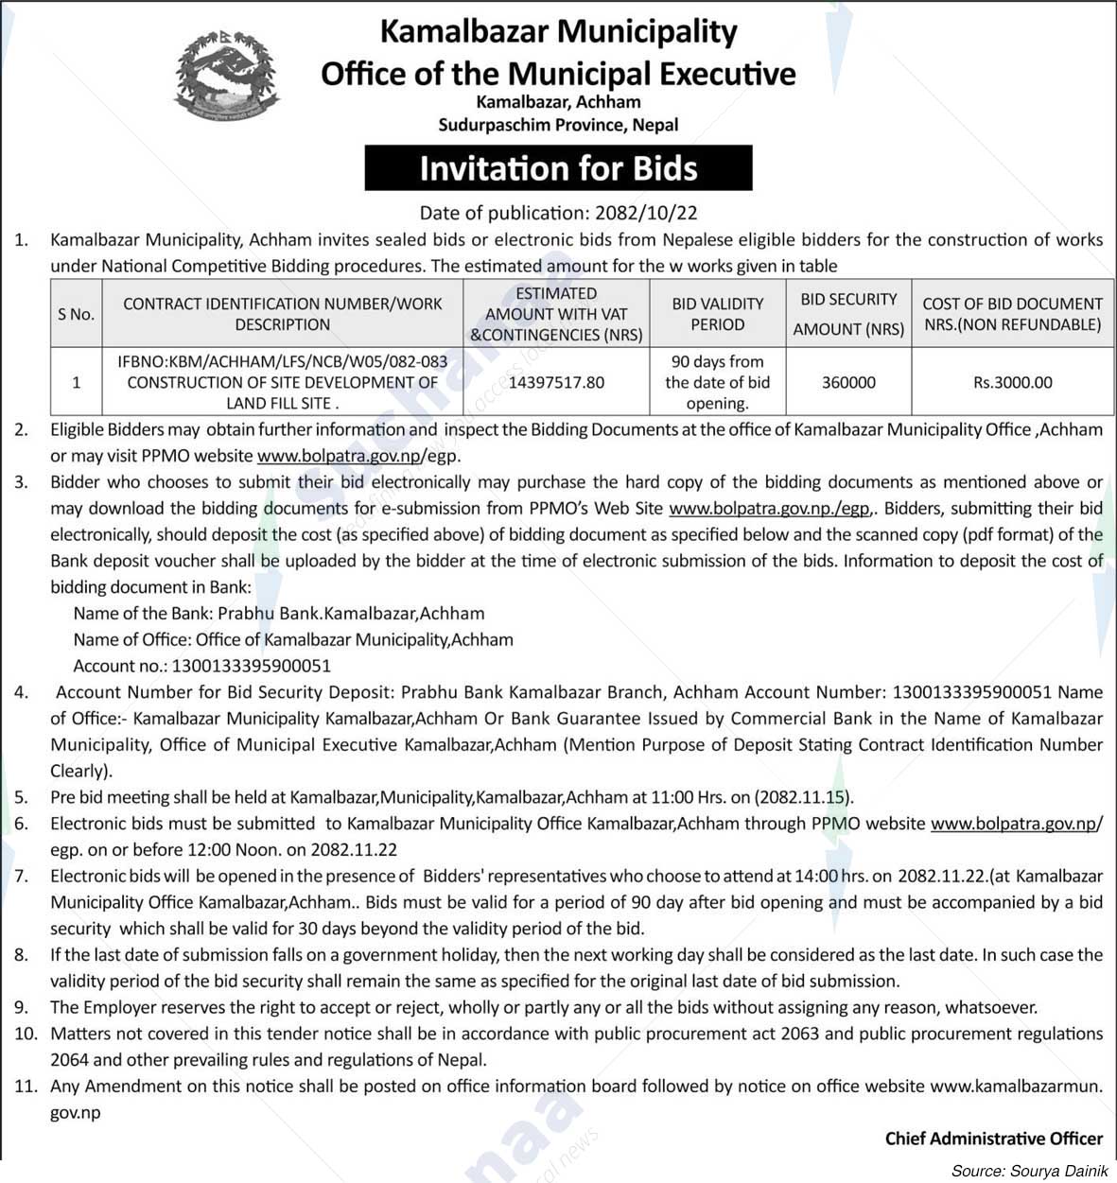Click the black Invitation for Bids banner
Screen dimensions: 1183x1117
click(x=558, y=168)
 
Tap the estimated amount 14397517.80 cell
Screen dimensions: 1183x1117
click(x=556, y=382)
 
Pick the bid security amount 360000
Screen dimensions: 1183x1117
click(x=848, y=382)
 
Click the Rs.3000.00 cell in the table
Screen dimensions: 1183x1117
click(x=1012, y=382)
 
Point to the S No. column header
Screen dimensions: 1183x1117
click(x=76, y=314)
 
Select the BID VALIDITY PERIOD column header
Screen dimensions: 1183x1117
click(x=717, y=314)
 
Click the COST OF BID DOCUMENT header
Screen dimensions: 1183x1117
click(x=1012, y=314)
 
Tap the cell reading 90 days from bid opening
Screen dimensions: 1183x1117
click(x=717, y=382)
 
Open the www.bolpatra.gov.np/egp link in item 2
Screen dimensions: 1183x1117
click(x=358, y=456)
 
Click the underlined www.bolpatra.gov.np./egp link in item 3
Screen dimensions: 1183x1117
click(x=769, y=508)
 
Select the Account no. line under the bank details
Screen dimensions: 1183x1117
click(x=202, y=666)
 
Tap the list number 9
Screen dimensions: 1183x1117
click(x=21, y=1007)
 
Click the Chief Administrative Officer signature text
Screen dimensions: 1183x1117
click(x=993, y=1139)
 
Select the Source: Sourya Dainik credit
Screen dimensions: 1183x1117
click(x=1029, y=1171)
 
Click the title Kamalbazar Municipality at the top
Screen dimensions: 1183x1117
click(x=558, y=31)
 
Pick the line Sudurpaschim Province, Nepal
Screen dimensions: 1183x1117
click(x=558, y=124)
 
